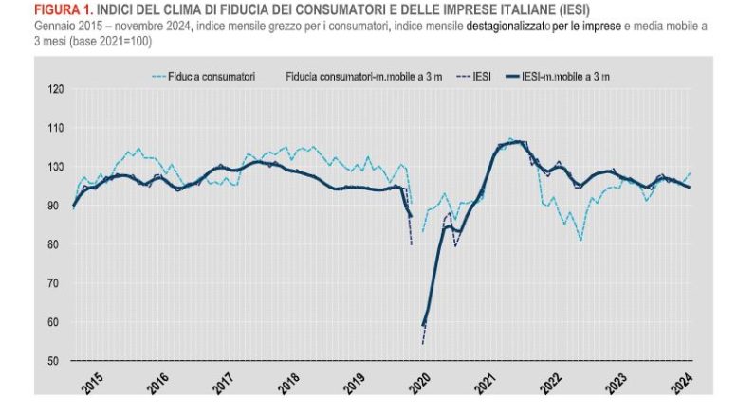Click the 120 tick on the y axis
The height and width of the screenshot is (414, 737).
click(x=56, y=89)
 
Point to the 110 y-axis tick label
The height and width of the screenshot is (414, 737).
click(x=56, y=128)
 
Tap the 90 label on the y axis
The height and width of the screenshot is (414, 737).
click(x=56, y=206)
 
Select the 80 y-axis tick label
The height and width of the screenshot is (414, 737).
click(x=56, y=244)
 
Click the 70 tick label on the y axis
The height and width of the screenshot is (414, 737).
click(x=56, y=283)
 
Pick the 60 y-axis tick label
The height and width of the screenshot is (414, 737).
click(x=56, y=322)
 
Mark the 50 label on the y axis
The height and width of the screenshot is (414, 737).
click(x=56, y=361)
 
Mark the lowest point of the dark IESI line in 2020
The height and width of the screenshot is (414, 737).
click(x=422, y=343)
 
